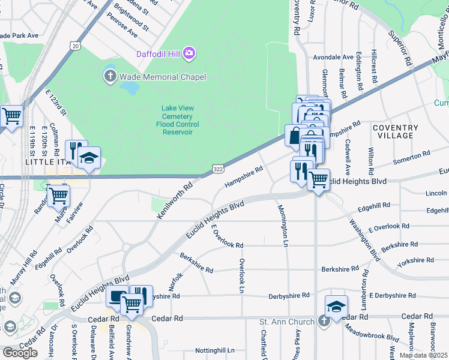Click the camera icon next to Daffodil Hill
190,54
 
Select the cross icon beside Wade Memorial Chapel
110,76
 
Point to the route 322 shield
218,171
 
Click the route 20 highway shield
74,46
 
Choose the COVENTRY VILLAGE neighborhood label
395,131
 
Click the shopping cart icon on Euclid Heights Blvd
318,179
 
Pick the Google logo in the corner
20,353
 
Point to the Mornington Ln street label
282,226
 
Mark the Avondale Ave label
333,58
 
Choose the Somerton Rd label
411,158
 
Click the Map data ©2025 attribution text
423,355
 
